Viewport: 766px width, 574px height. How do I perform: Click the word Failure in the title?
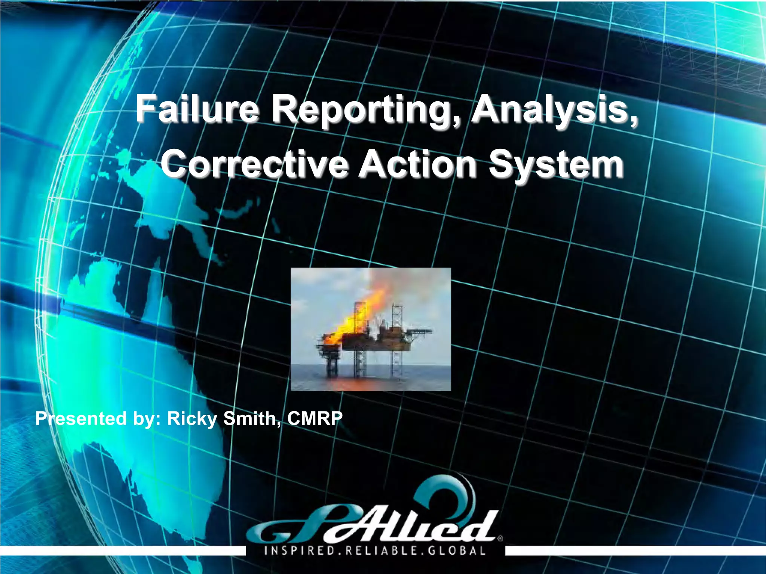[x=197, y=109]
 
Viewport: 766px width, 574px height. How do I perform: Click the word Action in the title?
[x=417, y=164]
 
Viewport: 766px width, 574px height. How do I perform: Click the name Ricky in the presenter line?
[x=192, y=419]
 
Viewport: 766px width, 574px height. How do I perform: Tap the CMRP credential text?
[x=315, y=418]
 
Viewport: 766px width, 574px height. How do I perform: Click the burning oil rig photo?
[x=371, y=329]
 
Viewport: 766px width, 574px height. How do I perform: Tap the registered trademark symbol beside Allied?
[x=500, y=538]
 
